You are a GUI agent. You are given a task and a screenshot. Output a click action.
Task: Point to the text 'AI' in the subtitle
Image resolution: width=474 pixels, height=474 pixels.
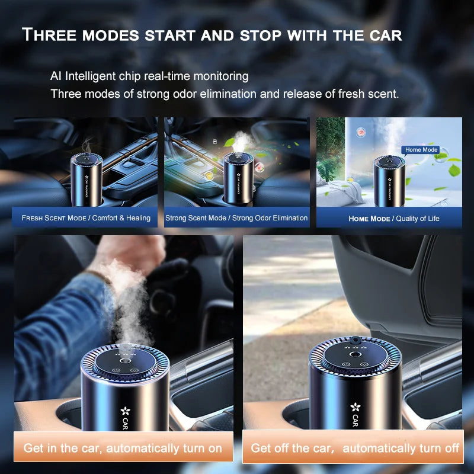pyautogui.click(x=56, y=76)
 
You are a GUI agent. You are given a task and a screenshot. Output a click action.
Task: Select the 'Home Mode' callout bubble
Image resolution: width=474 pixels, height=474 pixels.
pyautogui.click(x=421, y=150)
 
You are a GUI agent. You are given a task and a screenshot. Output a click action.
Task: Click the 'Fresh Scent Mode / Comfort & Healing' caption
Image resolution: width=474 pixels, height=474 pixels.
pyautogui.click(x=86, y=217)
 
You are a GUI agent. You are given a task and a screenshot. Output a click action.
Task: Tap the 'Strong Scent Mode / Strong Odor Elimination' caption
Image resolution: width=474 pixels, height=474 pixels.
pyautogui.click(x=236, y=217)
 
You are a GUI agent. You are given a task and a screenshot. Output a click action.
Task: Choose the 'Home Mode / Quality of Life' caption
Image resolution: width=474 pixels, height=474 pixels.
pyautogui.click(x=393, y=218)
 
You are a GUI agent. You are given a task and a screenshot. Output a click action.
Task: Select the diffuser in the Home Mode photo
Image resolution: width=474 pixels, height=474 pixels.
pyautogui.click(x=390, y=181)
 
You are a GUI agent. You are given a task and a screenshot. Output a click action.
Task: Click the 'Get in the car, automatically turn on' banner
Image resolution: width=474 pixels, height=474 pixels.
pyautogui.click(x=123, y=448)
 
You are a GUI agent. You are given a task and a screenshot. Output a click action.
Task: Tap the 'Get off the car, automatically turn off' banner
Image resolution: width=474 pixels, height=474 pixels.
pyautogui.click(x=354, y=448)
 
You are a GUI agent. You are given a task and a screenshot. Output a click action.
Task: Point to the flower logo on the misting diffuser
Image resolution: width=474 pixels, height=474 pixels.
pyautogui.click(x=125, y=410)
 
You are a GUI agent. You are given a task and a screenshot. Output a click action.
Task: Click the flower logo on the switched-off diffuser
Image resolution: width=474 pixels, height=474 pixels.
pyautogui.click(x=355, y=408)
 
